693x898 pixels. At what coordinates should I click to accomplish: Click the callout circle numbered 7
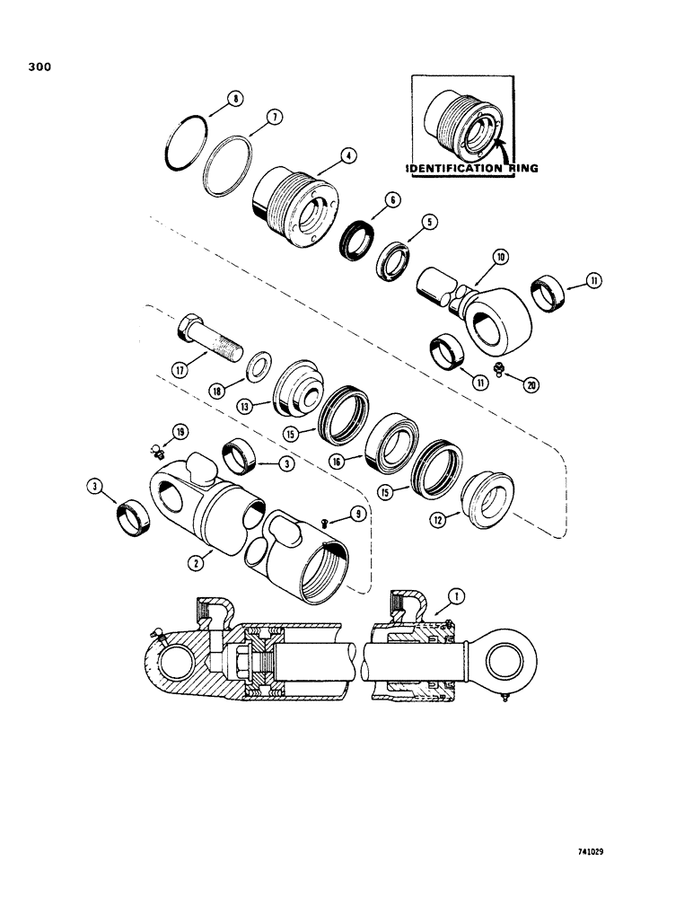click(250, 117)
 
